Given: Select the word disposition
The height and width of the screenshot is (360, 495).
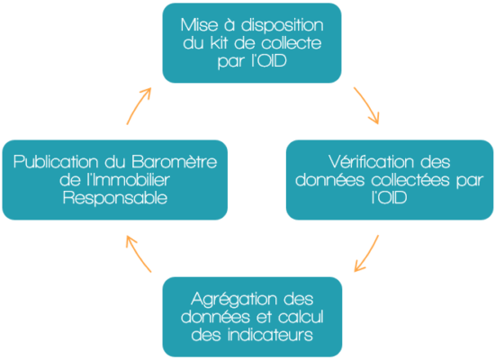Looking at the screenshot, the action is [x=283, y=25].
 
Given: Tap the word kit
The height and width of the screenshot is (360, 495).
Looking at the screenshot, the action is [x=219, y=43].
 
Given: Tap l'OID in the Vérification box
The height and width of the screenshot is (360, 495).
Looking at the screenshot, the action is [x=389, y=198].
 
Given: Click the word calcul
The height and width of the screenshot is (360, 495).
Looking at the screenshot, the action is [x=301, y=317].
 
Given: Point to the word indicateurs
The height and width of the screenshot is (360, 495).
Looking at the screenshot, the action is [x=270, y=335].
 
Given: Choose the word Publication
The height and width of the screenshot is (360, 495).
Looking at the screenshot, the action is [x=56, y=162].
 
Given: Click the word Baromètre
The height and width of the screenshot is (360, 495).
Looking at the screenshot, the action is [x=174, y=162].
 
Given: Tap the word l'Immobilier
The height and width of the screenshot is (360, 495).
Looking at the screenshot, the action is [x=129, y=180].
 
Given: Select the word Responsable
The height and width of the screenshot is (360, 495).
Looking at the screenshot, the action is [x=115, y=198].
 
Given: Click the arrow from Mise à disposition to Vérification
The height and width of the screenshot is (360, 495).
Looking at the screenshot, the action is [x=367, y=104].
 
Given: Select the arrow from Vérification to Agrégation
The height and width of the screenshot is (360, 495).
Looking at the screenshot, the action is [x=367, y=254].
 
